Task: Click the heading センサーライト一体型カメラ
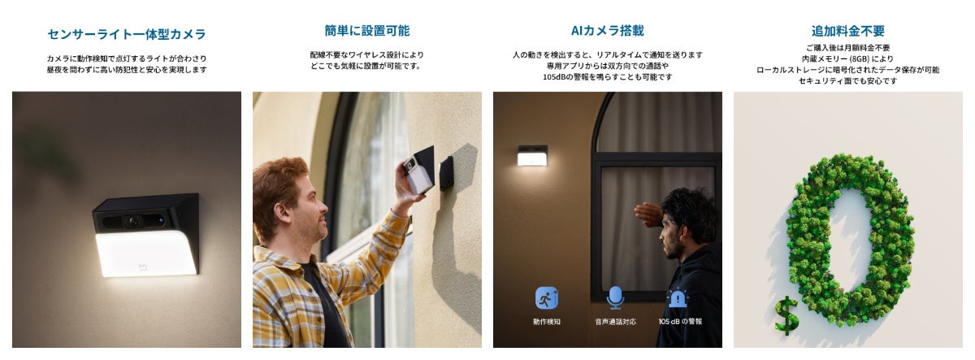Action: [x=126, y=34]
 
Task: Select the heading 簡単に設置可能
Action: [x=366, y=31]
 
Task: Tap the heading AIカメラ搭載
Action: [x=607, y=31]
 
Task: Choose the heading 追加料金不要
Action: [x=847, y=31]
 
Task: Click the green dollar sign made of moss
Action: [x=786, y=315]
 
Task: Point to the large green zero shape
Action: [x=850, y=236]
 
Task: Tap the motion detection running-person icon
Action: [x=546, y=298]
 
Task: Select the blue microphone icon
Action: [x=614, y=298]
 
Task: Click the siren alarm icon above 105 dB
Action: [x=678, y=298]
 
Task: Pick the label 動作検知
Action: [x=546, y=322]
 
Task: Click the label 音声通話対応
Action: [x=614, y=322]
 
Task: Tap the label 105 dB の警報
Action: [x=679, y=322]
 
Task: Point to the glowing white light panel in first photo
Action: [x=146, y=254]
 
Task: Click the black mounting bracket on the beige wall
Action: [x=446, y=173]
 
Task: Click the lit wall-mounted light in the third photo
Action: [x=532, y=156]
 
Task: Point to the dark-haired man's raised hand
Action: [x=648, y=215]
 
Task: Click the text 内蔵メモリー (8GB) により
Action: [x=847, y=59]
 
